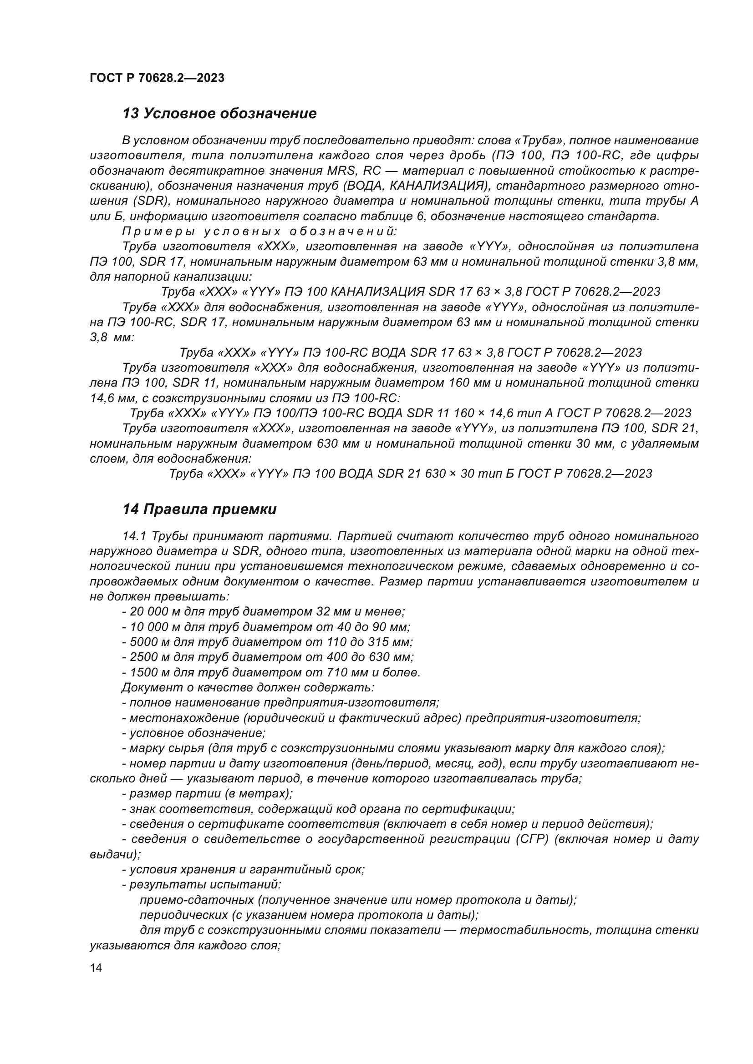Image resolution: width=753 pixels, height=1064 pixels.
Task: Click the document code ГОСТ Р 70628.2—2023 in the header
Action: click(x=157, y=78)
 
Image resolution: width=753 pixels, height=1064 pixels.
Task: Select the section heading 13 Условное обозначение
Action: click(x=219, y=114)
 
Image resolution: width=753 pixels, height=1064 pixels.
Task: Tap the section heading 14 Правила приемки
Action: click(x=199, y=509)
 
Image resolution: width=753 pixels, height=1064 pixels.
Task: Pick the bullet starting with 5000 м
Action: click(x=267, y=642)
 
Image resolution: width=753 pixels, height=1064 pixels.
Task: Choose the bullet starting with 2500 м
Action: click(x=267, y=657)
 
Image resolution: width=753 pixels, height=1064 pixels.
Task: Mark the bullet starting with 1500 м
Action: click(x=271, y=672)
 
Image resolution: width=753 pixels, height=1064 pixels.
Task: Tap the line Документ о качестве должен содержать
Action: click(x=248, y=687)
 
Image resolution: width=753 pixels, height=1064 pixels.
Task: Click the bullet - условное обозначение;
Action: click(x=194, y=733)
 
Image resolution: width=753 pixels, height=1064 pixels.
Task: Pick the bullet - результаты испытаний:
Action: click(x=201, y=885)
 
